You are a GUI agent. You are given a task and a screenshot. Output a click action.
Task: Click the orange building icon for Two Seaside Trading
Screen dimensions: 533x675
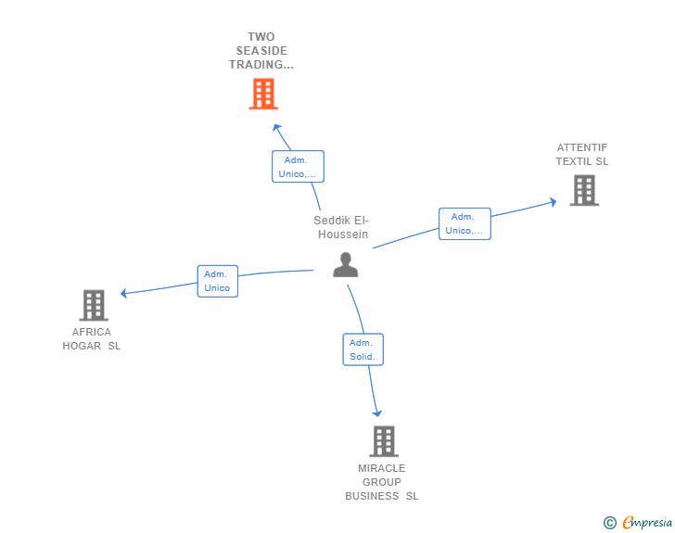pyautogui.click(x=263, y=94)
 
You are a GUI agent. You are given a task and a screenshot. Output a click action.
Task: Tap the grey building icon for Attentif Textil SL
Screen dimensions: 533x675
pyautogui.click(x=583, y=190)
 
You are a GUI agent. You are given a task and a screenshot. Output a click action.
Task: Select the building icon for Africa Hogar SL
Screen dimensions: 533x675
pyautogui.click(x=93, y=305)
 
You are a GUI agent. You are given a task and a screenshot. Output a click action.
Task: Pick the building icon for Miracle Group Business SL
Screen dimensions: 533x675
pyautogui.click(x=384, y=441)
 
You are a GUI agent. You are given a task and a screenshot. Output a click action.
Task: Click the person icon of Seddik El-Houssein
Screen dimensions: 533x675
pyautogui.click(x=345, y=265)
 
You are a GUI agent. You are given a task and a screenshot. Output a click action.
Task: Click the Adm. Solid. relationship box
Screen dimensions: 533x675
pyautogui.click(x=362, y=349)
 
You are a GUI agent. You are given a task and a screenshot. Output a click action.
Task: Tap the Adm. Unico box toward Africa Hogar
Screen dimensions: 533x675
pyautogui.click(x=217, y=281)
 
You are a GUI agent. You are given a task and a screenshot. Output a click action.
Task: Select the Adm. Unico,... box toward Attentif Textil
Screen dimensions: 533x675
pyautogui.click(x=464, y=223)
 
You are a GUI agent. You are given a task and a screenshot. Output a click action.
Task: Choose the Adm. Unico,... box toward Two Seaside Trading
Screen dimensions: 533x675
pyautogui.click(x=298, y=166)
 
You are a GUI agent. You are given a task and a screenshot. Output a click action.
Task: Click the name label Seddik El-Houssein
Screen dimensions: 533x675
pyautogui.click(x=341, y=227)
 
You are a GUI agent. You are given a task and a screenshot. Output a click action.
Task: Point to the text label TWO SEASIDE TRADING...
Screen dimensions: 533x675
pyautogui.click(x=261, y=51)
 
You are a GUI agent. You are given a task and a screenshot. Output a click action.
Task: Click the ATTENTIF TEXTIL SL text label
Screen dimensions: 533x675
pyautogui.click(x=582, y=154)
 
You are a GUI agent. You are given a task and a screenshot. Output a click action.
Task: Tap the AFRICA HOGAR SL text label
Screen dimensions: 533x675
pyautogui.click(x=91, y=339)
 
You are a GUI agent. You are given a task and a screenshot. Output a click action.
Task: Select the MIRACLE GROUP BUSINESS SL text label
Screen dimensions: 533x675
pyautogui.click(x=382, y=482)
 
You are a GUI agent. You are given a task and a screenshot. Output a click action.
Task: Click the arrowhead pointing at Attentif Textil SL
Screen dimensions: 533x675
pyautogui.click(x=553, y=201)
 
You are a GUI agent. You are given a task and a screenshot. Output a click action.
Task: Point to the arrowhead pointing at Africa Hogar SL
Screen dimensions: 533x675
pyautogui.click(x=124, y=293)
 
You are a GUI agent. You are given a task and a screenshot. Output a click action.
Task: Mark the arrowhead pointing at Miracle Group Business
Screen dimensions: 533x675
pyautogui.click(x=376, y=413)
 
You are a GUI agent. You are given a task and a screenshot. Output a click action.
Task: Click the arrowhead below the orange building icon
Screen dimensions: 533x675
pyautogui.click(x=275, y=126)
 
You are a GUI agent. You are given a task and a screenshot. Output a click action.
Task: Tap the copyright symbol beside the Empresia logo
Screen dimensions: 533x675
pyautogui.click(x=610, y=523)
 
